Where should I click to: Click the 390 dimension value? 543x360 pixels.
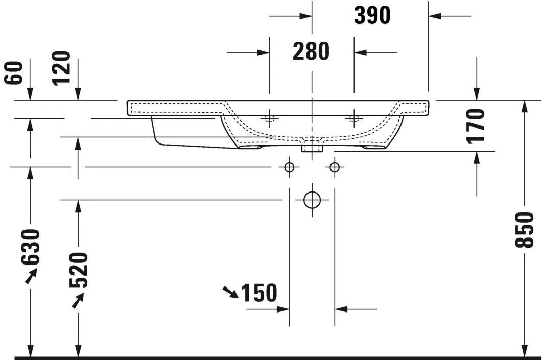(372, 16)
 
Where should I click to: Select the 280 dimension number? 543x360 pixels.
(311, 52)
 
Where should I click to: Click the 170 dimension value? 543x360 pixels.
(476, 126)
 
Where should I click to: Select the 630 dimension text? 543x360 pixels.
(31, 247)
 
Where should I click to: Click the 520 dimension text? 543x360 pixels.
(79, 270)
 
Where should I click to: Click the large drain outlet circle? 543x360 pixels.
(312, 200)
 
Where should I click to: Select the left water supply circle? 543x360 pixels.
(289, 167)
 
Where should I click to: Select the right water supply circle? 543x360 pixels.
(335, 167)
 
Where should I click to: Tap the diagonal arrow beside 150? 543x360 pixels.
(230, 292)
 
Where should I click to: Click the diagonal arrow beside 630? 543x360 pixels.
(31, 276)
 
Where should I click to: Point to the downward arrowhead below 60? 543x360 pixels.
(30, 94)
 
